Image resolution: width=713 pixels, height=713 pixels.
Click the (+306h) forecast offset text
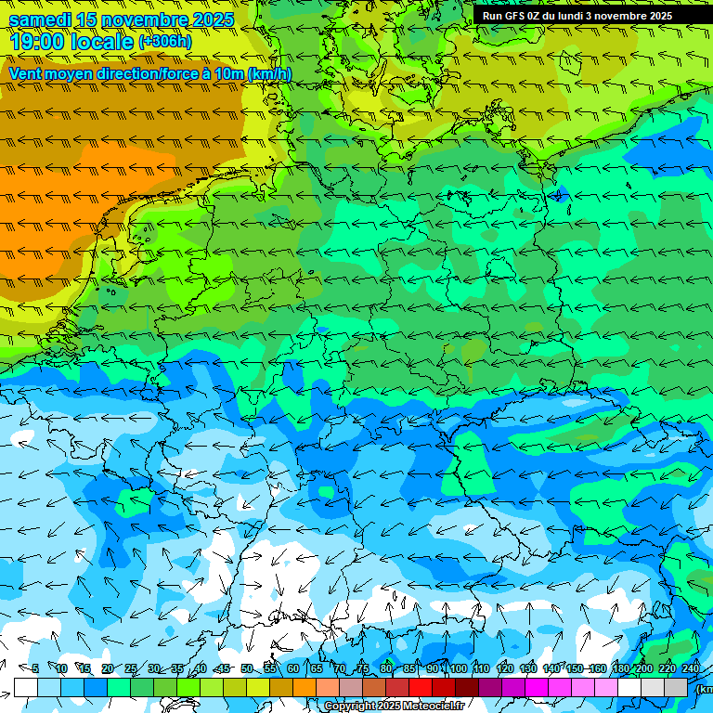[x=164, y=42]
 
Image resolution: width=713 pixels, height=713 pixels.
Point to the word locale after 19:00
[x=104, y=42]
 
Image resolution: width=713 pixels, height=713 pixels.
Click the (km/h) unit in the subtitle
[x=269, y=73]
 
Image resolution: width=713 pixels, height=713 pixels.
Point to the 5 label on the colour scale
[x=35, y=668]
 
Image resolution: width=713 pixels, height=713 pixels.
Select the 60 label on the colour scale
[x=292, y=668]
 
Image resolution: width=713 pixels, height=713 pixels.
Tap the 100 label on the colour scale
[x=457, y=668]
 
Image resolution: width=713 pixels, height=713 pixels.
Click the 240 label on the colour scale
[x=690, y=668]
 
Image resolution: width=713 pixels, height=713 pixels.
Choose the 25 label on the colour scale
[x=130, y=668]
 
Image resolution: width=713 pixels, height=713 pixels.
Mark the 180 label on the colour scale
[x=620, y=668]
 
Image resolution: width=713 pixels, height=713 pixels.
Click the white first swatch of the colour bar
[x=26, y=687]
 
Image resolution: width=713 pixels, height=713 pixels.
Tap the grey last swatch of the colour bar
[x=676, y=687]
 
